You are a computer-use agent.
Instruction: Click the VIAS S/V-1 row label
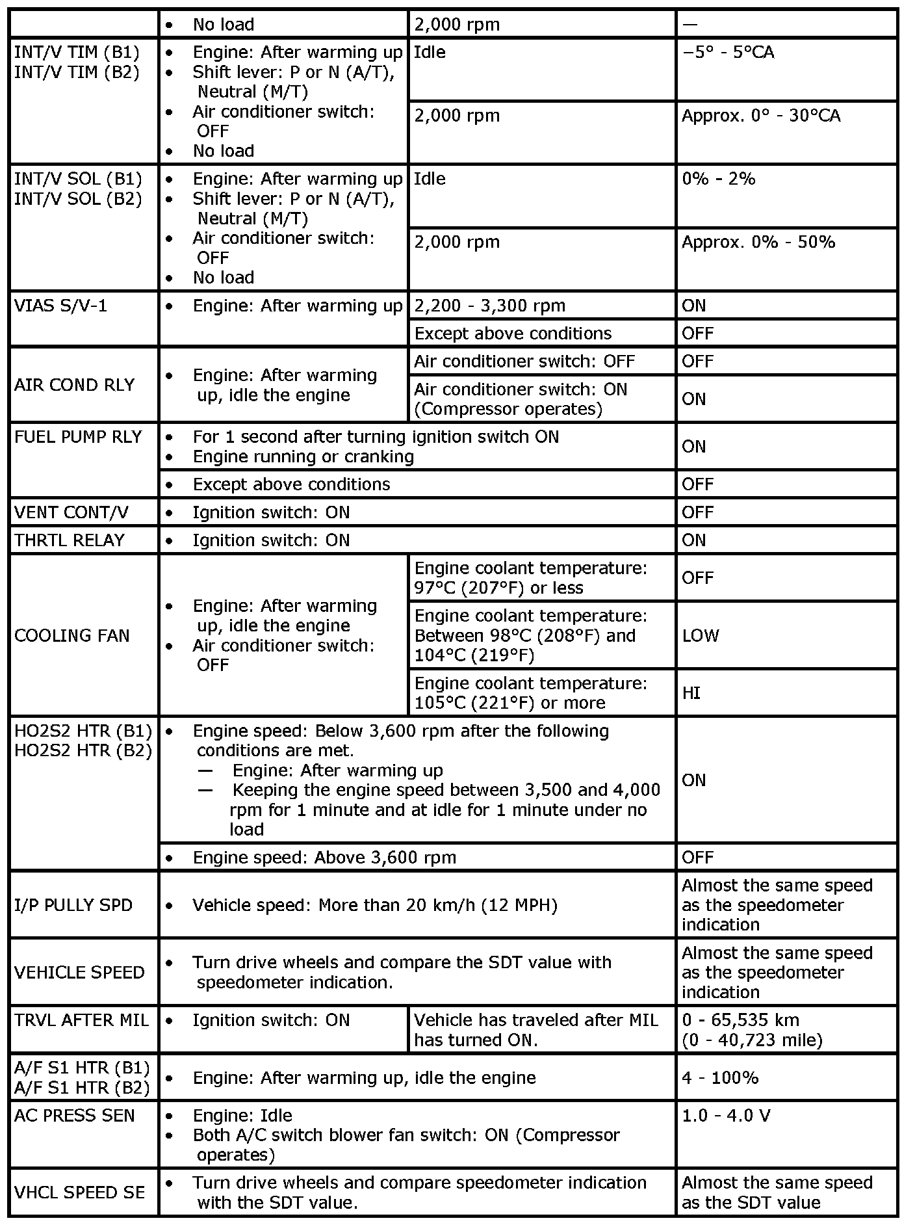60,306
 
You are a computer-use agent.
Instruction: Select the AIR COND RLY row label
74,385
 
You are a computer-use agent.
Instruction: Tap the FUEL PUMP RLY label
78,437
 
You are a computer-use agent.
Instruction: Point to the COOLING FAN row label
71,635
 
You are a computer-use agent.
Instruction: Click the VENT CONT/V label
71,512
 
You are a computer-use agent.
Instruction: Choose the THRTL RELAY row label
69,540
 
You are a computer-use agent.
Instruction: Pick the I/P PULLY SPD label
73,905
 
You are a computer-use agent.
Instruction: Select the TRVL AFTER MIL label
81,1020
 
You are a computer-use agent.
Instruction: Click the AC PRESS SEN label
74,1116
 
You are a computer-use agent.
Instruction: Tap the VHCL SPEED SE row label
79,1192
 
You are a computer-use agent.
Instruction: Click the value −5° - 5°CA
728,52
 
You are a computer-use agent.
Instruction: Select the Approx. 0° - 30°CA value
760,116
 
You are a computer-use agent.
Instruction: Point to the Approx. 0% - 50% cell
758,243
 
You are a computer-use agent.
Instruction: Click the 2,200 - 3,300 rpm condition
489,306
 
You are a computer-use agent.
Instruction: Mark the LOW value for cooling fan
700,635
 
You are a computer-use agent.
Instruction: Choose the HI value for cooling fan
691,693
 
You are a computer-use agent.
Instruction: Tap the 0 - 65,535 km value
740,1020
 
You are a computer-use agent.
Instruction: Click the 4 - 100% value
719,1078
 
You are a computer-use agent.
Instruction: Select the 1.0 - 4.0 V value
725,1116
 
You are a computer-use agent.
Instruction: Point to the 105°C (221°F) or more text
509,703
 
